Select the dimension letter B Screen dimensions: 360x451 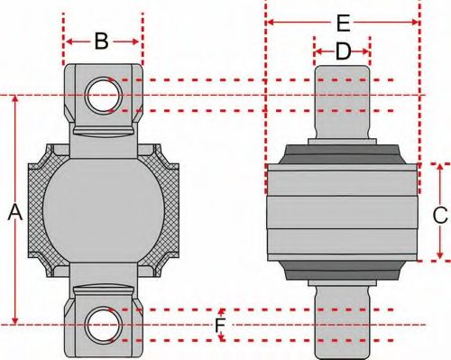[x=102, y=41]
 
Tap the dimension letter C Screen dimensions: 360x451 [x=439, y=215]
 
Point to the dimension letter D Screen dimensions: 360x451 [x=343, y=52]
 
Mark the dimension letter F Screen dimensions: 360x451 [x=220, y=324]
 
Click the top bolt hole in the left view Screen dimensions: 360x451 [x=98, y=94]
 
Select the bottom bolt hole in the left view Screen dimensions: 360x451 [x=98, y=324]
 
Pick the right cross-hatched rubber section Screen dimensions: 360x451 [x=169, y=210]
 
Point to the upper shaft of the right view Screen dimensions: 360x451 [x=342, y=99]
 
